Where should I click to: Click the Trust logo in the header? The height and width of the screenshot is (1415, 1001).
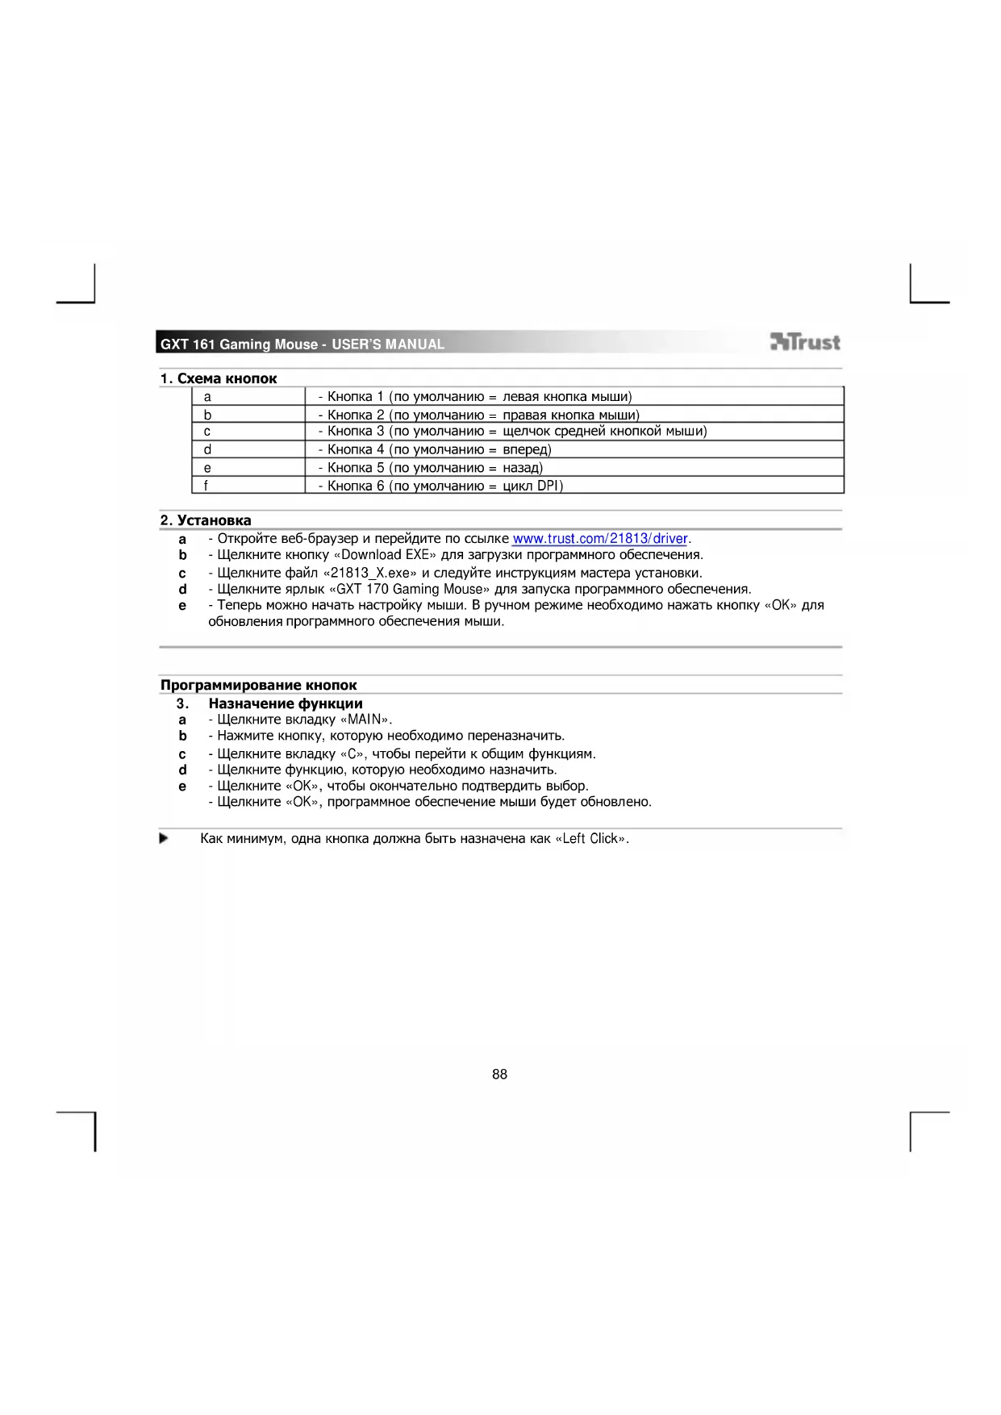805,342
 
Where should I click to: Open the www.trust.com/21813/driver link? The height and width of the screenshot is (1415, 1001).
600,538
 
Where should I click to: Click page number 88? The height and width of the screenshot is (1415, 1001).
499,1074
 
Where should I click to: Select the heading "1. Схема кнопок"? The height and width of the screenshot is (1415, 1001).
219,378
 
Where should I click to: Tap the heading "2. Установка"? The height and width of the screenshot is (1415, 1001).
206,520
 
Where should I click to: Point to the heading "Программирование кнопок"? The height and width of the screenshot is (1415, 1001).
258,685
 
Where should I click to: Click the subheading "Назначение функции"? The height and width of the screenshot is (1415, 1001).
286,703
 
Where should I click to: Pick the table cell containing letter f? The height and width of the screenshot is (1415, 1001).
248,486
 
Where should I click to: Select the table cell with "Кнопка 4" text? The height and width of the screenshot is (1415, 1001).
573,449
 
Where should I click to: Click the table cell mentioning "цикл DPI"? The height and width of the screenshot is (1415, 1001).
573,486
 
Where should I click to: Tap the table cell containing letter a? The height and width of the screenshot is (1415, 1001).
248,396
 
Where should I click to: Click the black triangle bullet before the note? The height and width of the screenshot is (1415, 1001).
164,838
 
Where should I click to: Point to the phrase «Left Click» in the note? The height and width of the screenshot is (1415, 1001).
591,838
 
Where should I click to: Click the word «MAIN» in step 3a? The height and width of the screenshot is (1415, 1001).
365,720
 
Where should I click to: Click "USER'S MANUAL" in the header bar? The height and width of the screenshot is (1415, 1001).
388,344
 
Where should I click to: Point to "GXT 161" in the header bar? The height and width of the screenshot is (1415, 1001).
187,344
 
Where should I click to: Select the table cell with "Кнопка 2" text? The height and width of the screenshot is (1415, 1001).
573,415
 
